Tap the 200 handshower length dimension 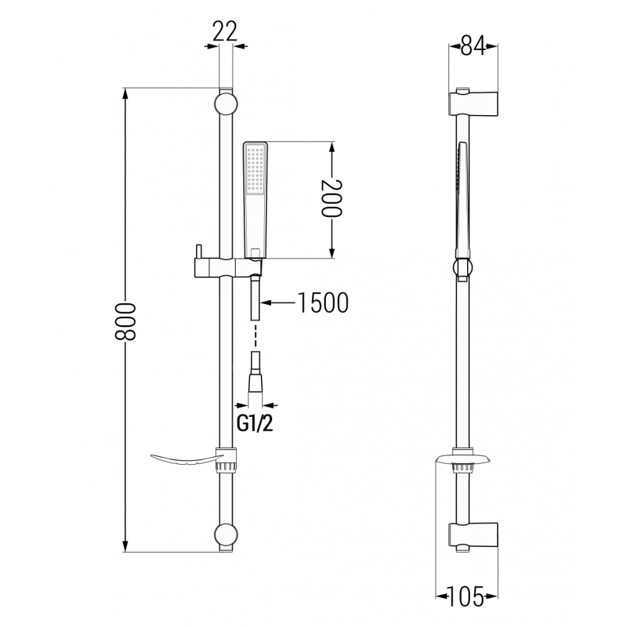coord(332,200)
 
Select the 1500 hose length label coord(321,303)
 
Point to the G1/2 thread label coord(255,424)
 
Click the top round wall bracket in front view coord(225,103)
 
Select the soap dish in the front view coord(184,457)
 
